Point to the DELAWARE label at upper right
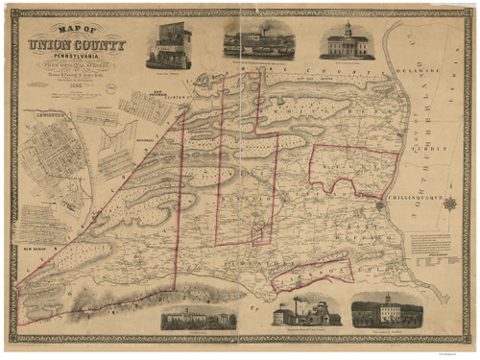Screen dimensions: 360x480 click(x=423, y=70)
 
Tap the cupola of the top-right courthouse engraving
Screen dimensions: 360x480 click(x=348, y=29)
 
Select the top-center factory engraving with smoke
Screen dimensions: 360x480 click(x=259, y=40)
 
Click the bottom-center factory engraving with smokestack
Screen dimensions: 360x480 click(x=305, y=313)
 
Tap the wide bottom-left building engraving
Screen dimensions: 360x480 click(x=199, y=318)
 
